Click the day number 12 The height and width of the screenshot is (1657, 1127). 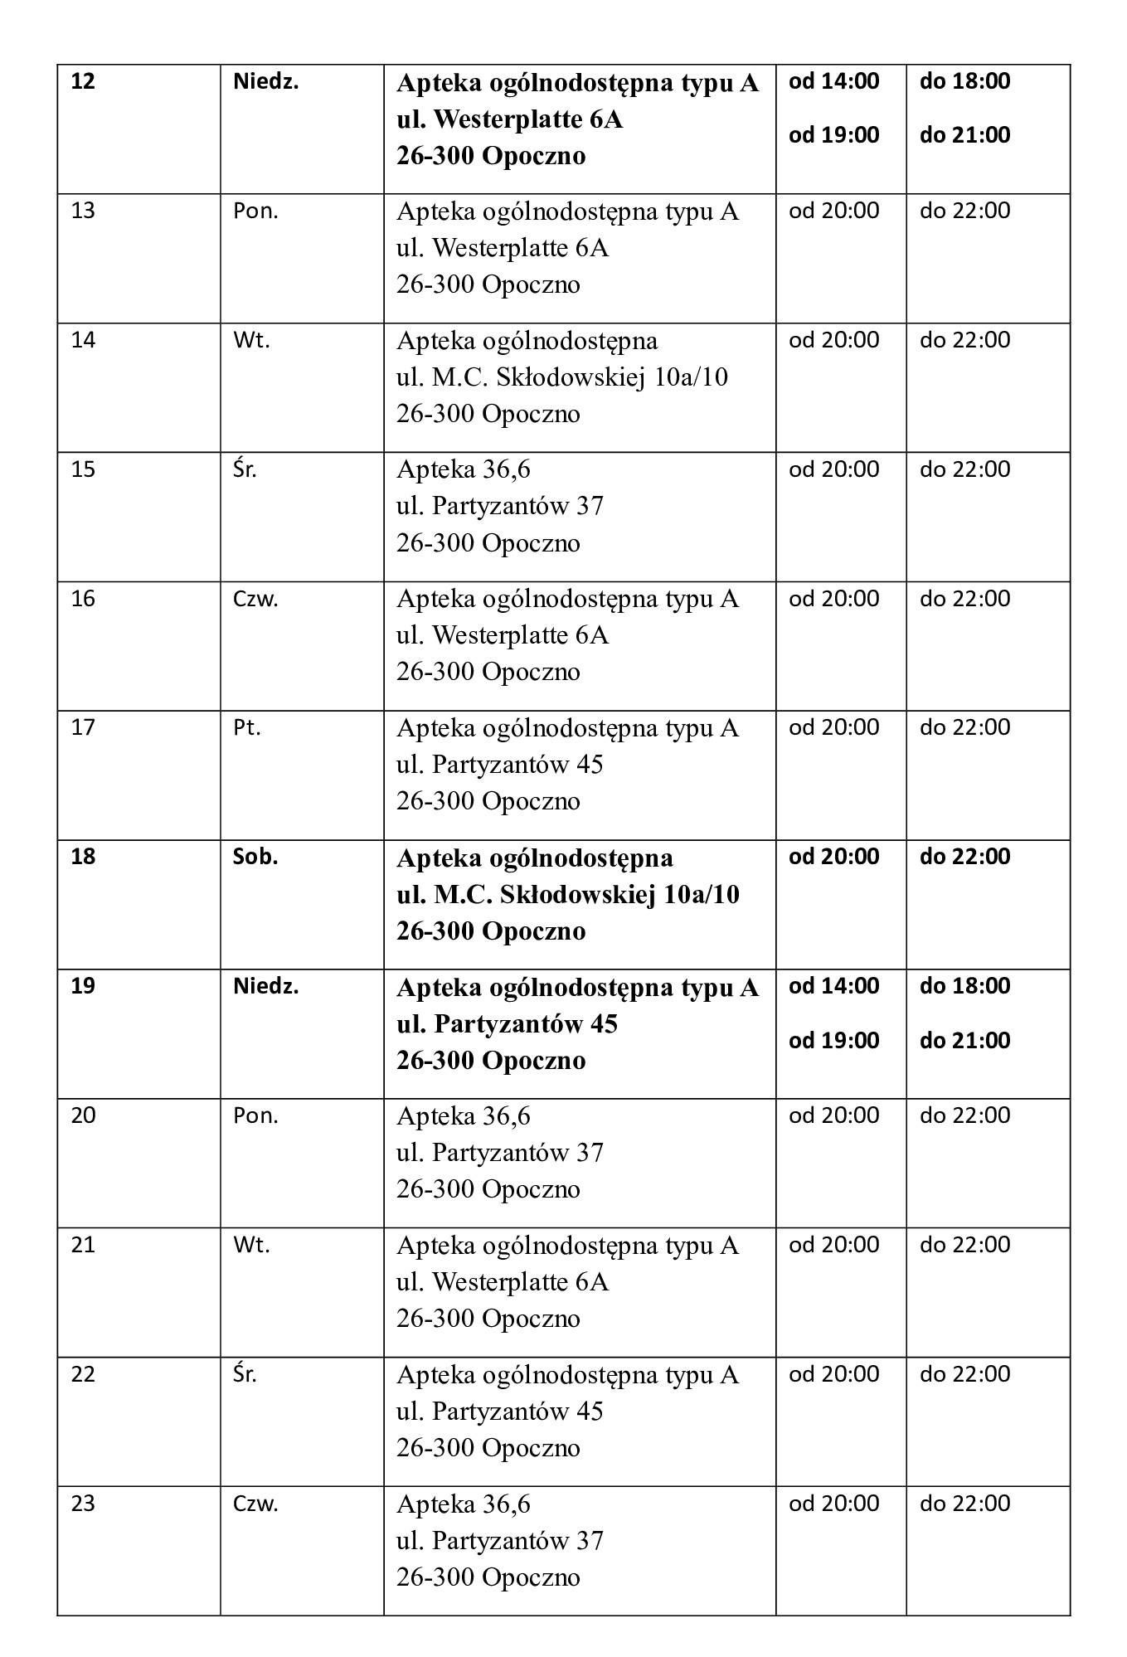point(84,82)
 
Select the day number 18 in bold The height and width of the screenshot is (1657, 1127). point(84,857)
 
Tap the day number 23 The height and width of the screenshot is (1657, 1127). point(84,1504)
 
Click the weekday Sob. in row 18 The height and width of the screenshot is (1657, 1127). point(255,857)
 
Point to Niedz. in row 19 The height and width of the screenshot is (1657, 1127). point(265,986)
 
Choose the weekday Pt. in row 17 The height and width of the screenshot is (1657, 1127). point(247,728)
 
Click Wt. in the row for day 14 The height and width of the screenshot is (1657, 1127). point(251,340)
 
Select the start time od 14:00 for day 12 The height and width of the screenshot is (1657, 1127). point(833,81)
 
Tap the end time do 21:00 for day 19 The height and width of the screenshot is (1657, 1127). point(964,1040)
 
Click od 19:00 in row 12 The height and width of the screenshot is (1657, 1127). point(833,134)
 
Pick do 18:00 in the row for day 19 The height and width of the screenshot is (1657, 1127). point(964,986)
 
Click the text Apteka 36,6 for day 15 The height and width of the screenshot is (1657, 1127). point(463,469)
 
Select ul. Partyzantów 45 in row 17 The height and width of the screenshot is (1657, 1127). point(499,764)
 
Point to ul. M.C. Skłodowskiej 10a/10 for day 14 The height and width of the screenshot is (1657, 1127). point(561,377)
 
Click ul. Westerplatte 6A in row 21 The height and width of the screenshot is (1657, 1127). point(502,1282)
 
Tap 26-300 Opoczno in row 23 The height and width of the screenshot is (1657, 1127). point(488,1577)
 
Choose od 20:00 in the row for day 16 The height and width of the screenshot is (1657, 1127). point(833,599)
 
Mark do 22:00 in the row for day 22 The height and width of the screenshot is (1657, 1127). point(964,1374)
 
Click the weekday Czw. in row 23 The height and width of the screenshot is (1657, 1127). point(255,1504)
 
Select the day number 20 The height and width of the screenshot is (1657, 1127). point(84,1115)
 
